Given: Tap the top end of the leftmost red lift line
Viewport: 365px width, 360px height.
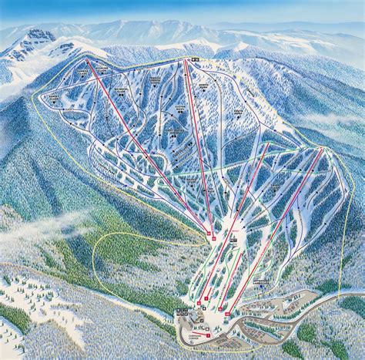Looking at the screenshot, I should (87, 61).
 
